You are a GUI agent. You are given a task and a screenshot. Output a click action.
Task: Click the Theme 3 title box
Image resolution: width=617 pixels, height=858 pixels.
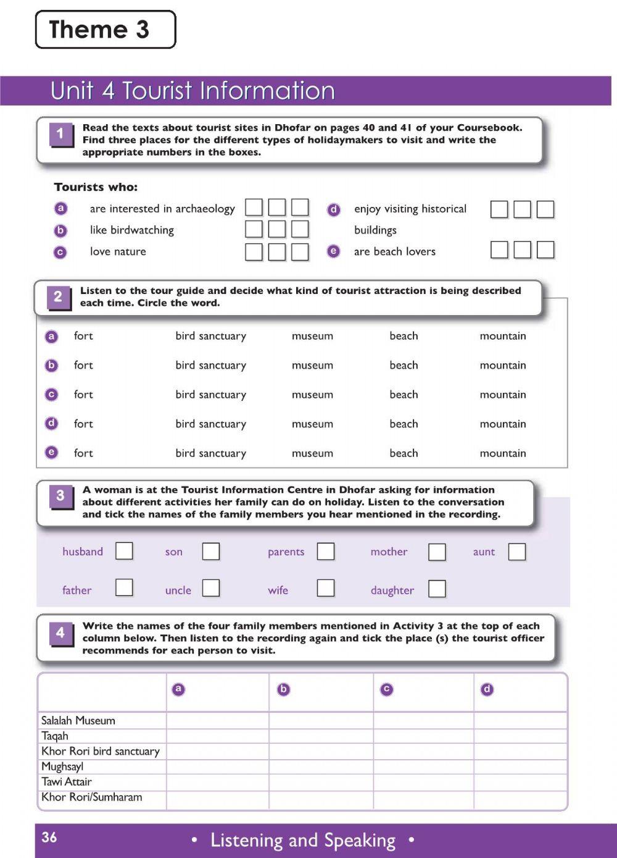coord(106,30)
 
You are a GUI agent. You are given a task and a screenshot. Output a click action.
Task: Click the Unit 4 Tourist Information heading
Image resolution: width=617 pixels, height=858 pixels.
coord(193,91)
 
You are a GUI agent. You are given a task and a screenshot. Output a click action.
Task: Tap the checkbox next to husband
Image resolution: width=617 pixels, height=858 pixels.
coord(124,550)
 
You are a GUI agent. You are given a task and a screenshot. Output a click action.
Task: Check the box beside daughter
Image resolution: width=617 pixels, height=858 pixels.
coord(437,589)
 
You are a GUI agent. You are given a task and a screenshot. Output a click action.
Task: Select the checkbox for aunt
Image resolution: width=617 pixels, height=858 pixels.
coord(517,552)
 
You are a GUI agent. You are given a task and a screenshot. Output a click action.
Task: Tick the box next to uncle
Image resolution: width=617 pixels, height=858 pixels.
coord(211,587)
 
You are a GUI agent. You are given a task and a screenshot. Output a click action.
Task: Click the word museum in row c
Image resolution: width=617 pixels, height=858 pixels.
coord(312,395)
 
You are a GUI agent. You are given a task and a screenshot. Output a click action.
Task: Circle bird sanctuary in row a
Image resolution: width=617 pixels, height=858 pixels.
coord(210,336)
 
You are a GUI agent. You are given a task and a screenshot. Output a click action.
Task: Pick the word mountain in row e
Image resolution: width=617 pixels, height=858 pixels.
coord(503,453)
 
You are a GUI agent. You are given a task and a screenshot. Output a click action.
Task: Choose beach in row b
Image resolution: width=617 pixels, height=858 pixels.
coord(404,366)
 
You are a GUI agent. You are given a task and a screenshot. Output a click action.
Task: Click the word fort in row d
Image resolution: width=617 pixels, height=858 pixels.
coord(83,424)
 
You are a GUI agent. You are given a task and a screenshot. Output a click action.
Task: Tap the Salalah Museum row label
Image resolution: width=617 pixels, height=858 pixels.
coord(78,720)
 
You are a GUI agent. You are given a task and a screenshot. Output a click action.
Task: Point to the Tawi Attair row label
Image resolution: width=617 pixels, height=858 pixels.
coord(67,782)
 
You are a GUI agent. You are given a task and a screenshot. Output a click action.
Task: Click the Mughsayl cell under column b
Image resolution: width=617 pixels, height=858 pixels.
coord(321,767)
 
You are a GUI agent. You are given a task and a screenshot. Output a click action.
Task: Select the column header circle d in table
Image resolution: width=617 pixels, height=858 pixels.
coord(487,689)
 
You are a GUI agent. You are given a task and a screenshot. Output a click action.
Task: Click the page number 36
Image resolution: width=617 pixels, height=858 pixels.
coord(49,838)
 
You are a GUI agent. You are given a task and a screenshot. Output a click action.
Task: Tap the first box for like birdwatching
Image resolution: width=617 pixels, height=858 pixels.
coord(254,229)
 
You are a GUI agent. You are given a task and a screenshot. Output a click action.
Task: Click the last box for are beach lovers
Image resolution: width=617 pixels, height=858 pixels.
coord(545,250)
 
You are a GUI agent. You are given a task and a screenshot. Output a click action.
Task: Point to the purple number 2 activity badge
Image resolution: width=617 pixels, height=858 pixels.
coord(58,297)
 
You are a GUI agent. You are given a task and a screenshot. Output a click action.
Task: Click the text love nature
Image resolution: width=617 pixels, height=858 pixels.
coord(118,251)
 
